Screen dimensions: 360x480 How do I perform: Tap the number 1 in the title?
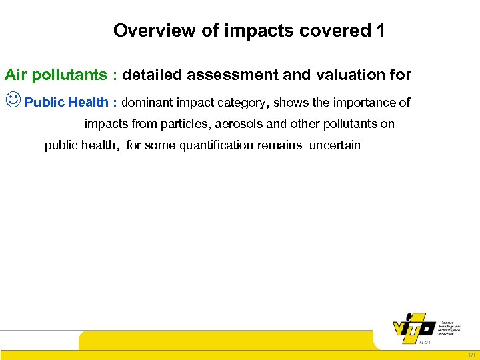pos(380,31)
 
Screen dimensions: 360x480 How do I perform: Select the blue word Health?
pos(89,102)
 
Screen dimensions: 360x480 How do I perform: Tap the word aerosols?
pos(237,124)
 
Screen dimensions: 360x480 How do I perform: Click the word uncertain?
pos(335,145)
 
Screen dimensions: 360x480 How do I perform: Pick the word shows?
pos(299,102)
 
